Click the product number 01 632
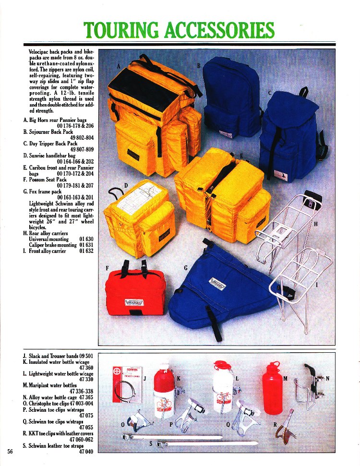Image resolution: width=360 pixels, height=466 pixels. click(x=86, y=251)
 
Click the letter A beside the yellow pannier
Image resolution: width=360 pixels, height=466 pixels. click(x=119, y=66)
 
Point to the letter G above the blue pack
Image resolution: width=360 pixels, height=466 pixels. click(x=185, y=268)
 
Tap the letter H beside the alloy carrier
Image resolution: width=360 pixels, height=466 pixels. click(x=315, y=224)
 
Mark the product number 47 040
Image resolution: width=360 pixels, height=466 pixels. click(x=85, y=452)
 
